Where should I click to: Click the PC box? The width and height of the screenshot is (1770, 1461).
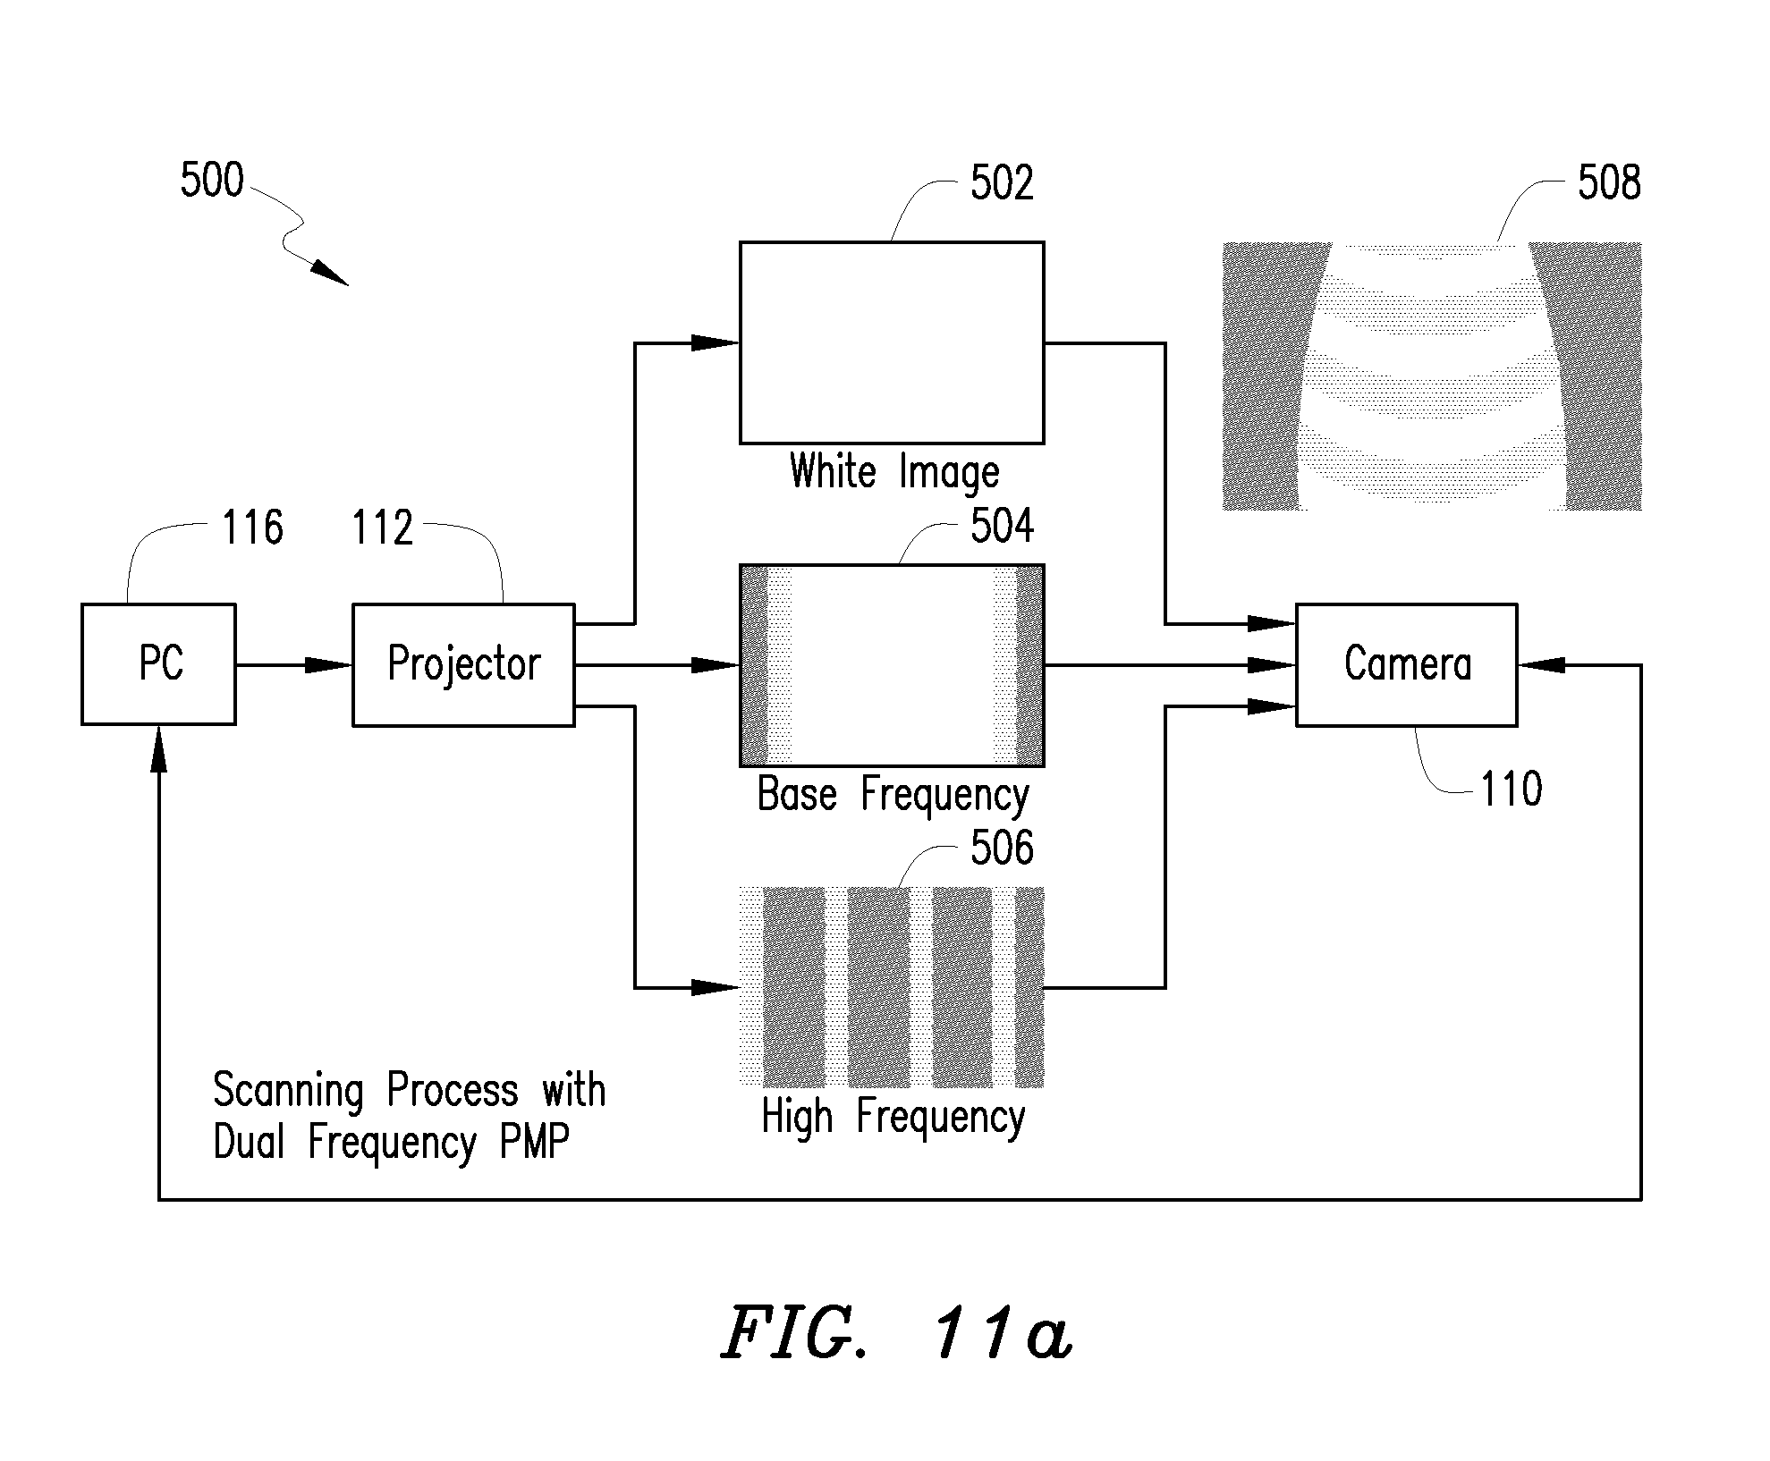(159, 664)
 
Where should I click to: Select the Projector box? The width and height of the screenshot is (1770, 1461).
(463, 664)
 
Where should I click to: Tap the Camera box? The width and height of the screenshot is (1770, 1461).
(1407, 664)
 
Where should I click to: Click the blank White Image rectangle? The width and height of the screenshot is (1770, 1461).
(892, 342)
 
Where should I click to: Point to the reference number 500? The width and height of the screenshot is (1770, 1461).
(212, 181)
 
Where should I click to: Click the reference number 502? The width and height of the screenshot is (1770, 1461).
(1002, 183)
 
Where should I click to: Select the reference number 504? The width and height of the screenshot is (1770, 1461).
(1002, 526)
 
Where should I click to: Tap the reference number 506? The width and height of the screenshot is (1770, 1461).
(1002, 847)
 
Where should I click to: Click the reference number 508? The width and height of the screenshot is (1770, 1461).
(1609, 183)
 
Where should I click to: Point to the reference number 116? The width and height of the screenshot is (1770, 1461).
(253, 528)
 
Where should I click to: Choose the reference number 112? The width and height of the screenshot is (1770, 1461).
(383, 528)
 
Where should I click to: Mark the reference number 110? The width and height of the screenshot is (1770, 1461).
(1512, 790)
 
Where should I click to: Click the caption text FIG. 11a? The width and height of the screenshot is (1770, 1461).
(896, 1334)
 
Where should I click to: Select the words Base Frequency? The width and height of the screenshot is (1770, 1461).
(893, 795)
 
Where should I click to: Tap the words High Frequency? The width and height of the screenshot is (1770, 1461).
(893, 1117)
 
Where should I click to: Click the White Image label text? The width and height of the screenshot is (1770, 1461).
(894, 472)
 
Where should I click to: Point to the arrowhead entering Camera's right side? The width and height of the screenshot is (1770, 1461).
(1541, 665)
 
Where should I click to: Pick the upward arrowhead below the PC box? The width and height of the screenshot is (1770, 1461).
(159, 748)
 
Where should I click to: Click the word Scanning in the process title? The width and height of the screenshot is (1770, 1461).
(288, 1091)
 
